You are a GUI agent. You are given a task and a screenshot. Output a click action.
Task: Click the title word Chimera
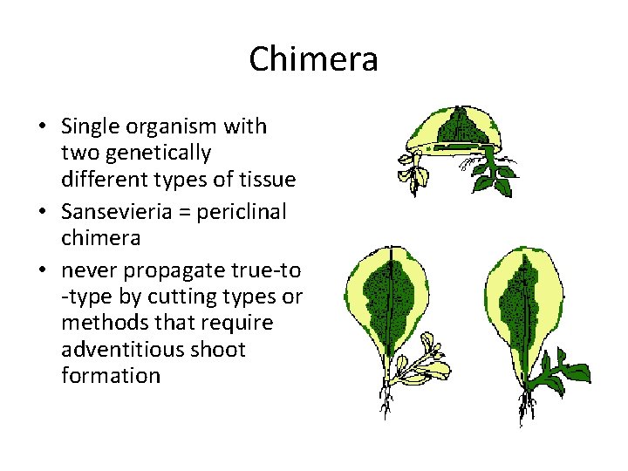(x=313, y=60)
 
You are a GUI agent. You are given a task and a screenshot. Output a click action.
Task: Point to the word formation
(x=111, y=376)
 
